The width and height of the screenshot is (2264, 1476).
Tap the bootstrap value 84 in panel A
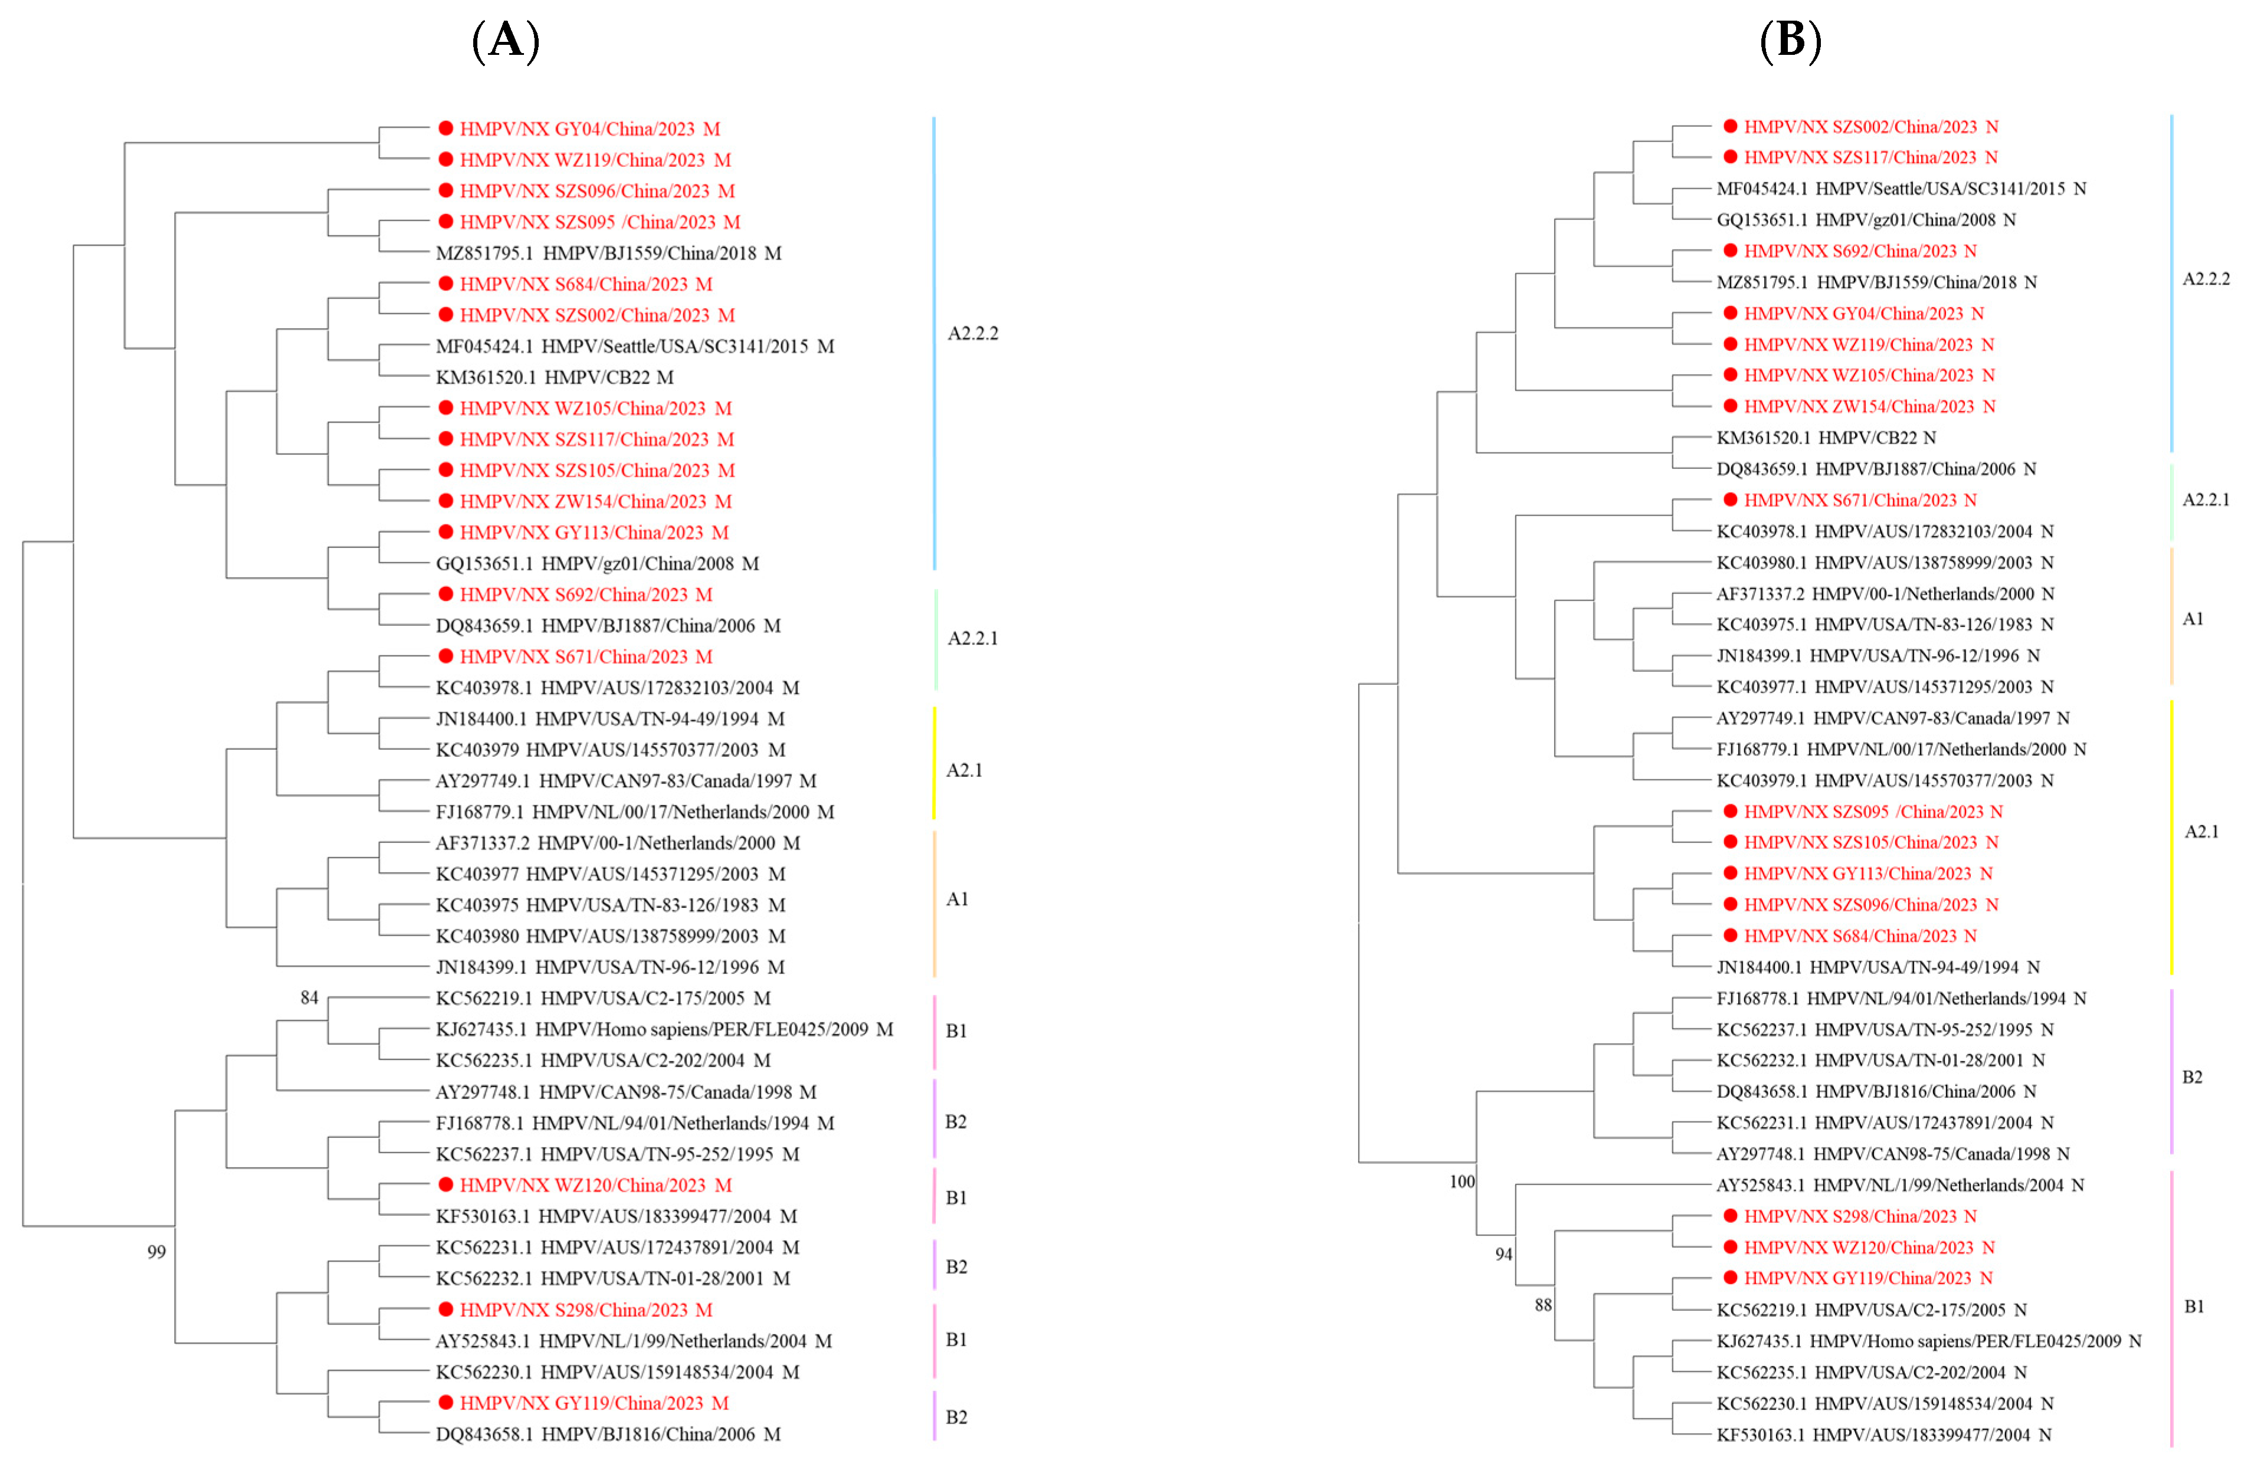pyautogui.click(x=309, y=998)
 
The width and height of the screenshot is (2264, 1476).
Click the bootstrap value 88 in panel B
pyautogui.click(x=1543, y=1305)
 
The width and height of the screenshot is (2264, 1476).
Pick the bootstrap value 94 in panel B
pyautogui.click(x=1503, y=1254)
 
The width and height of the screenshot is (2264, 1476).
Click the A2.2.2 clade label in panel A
pyautogui.click(x=972, y=333)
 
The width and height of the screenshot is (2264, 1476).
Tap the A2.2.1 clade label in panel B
pyautogui.click(x=2205, y=499)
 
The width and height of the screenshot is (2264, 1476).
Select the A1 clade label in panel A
pyautogui.click(x=957, y=898)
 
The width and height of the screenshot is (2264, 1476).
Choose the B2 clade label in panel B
pyautogui.click(x=2191, y=1077)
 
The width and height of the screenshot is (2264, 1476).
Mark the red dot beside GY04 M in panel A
pyautogui.click(x=445, y=129)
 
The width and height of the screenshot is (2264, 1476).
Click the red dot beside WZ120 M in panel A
pyautogui.click(x=445, y=1185)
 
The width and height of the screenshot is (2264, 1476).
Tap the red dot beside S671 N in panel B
pyautogui.click(x=1731, y=499)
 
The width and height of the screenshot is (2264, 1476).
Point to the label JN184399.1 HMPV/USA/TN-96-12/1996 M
pyautogui.click(x=610, y=966)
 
